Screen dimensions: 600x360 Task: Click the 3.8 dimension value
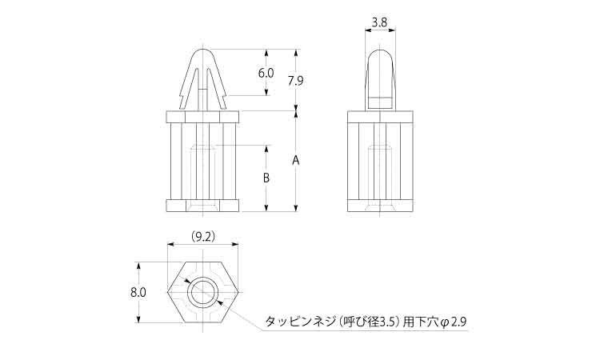click(379, 23)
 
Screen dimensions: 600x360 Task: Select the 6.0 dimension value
click(266, 73)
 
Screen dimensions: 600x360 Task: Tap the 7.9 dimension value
click(295, 81)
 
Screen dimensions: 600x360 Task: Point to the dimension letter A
click(295, 160)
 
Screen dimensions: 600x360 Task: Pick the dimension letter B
click(266, 178)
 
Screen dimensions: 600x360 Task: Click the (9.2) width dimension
click(203, 237)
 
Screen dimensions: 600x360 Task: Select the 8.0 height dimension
click(138, 293)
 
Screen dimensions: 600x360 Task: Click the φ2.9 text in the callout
click(453, 322)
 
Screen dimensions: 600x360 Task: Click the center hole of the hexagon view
click(202, 293)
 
